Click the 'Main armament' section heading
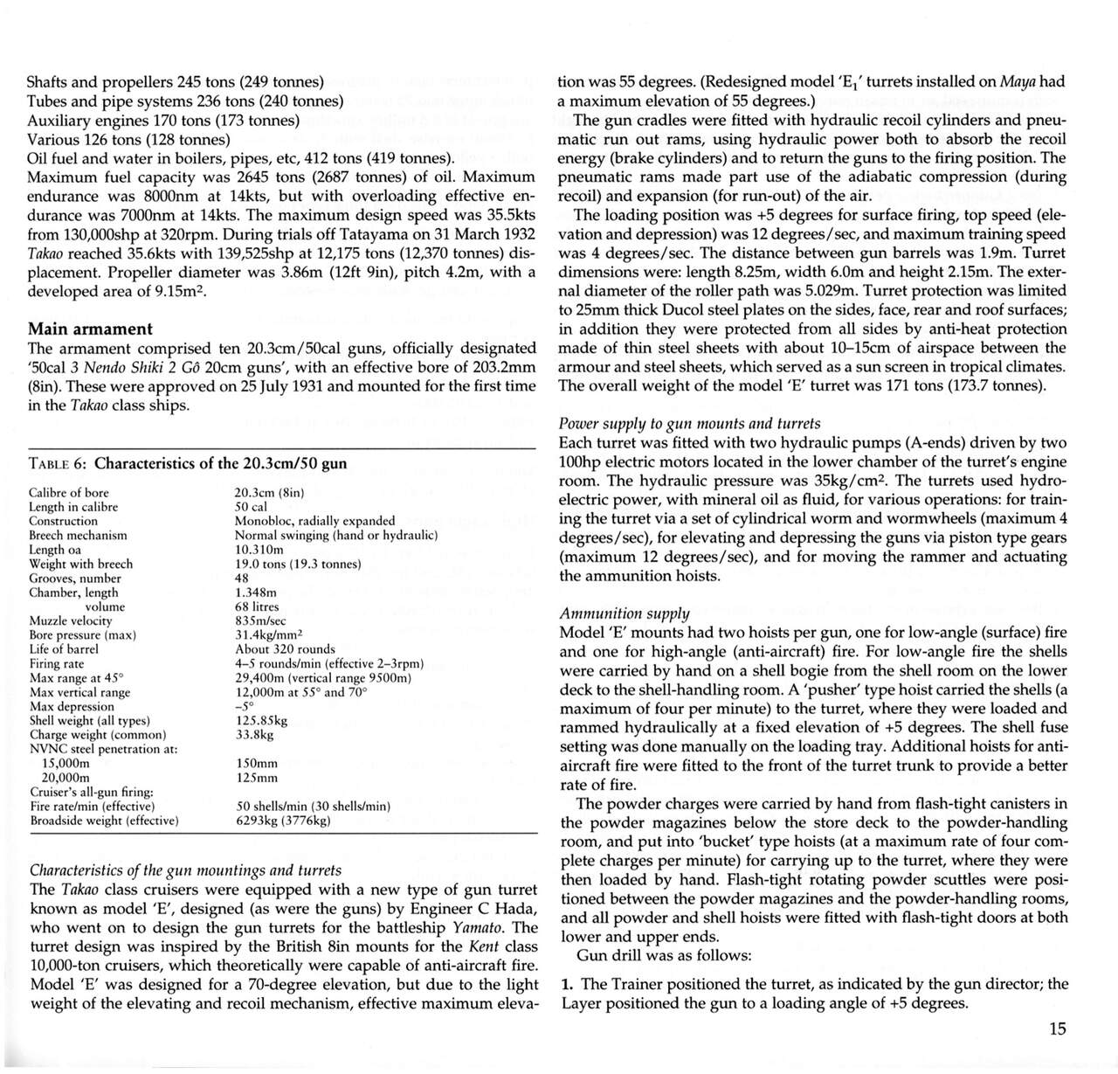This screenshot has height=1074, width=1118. coord(90,329)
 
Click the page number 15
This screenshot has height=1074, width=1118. coord(1057,1029)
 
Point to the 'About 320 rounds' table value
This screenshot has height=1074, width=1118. coord(285,649)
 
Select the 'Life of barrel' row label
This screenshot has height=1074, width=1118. coord(64,649)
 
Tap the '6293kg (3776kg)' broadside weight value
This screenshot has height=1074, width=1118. coord(284,821)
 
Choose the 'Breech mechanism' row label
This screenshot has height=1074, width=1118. coord(78,535)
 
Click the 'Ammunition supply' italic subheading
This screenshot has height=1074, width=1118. coord(624,613)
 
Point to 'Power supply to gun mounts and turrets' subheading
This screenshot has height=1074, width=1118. coord(689,423)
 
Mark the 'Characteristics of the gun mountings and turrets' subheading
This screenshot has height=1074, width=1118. coord(185,870)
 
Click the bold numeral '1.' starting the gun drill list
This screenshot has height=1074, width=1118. coord(567,984)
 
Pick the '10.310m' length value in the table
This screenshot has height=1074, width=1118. coord(259,550)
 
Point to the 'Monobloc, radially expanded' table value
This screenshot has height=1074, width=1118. coord(314,521)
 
